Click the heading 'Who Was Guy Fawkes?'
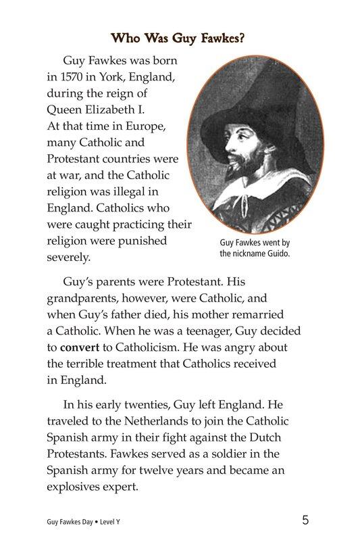click(x=178, y=37)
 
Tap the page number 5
click(x=306, y=520)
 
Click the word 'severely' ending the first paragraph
click(x=68, y=258)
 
